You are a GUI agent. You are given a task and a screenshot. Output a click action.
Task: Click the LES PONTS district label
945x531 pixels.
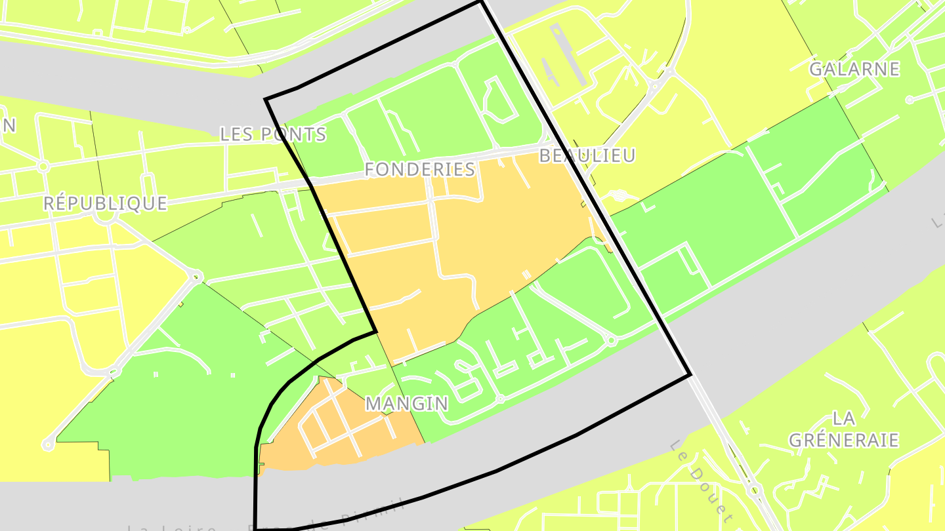273,134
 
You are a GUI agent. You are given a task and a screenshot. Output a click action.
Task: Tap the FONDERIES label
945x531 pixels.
420,169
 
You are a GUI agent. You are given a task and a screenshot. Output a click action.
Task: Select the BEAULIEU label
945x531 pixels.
587,155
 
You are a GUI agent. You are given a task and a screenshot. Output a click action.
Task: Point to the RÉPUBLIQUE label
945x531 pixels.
105,203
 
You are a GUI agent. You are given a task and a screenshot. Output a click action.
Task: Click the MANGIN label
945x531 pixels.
407,403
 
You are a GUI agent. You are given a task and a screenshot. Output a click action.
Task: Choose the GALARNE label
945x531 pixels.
854,69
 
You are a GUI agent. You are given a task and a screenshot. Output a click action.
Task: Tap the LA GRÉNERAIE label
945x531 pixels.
843,429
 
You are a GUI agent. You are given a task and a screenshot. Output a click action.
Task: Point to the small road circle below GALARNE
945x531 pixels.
910,100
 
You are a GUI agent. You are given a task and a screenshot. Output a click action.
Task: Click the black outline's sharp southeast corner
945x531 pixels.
691,375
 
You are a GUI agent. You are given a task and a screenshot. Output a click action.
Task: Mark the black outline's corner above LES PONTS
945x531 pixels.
266,100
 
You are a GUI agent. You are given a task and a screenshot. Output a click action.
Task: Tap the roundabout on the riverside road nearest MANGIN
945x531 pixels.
500,399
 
